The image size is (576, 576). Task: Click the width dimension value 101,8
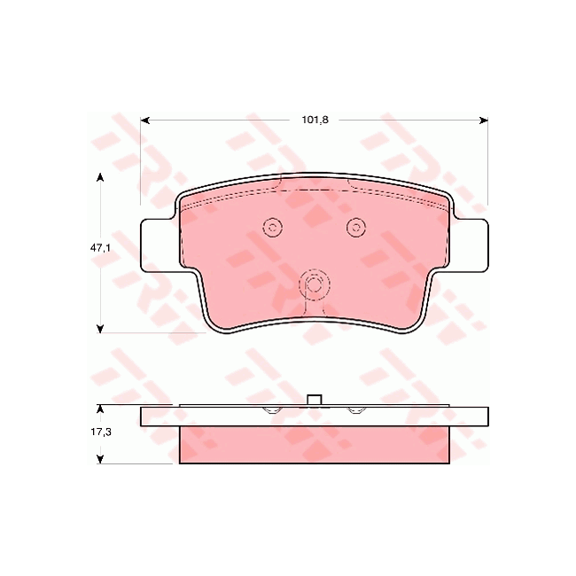click(x=315, y=120)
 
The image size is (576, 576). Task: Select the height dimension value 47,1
click(x=99, y=250)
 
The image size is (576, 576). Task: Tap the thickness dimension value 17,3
click(x=99, y=434)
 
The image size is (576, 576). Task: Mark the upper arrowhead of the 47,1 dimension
click(x=99, y=178)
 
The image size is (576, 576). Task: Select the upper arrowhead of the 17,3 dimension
click(x=99, y=409)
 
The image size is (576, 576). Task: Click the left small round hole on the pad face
click(x=273, y=228)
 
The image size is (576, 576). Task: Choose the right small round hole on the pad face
click(x=355, y=228)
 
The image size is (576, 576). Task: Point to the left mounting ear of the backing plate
click(x=158, y=244)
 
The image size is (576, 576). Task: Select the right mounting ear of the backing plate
click(x=471, y=244)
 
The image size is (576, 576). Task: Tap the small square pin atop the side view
click(x=314, y=400)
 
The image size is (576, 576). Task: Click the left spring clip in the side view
click(x=273, y=409)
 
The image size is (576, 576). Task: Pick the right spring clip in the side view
click(x=355, y=409)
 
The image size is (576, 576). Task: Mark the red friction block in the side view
click(x=314, y=445)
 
